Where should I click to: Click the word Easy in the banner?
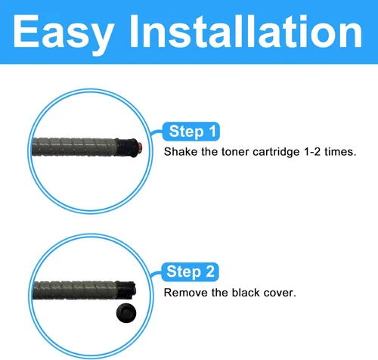[63, 34]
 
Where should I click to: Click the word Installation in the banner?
[246, 31]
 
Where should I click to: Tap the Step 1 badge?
[191, 132]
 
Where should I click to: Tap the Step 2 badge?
[190, 272]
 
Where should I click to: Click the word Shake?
[181, 152]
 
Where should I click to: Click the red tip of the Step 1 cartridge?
[140, 147]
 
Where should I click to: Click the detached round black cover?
[126, 313]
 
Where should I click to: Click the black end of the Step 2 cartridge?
[126, 290]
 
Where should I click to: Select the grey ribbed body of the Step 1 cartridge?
[74, 147]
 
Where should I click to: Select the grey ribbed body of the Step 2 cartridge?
[75, 290]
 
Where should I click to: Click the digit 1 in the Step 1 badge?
[212, 131]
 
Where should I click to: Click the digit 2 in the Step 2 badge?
[210, 272]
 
